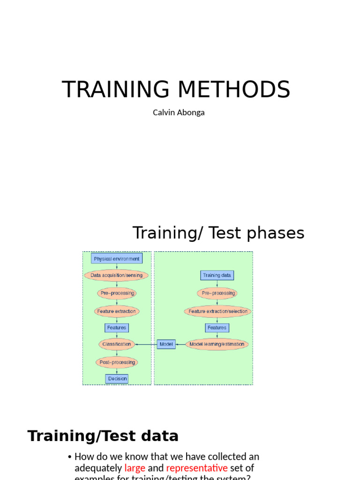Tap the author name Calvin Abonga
point(179,112)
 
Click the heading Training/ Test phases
point(218,232)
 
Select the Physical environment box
point(117,259)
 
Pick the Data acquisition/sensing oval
point(116,276)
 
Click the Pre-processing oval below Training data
point(217,293)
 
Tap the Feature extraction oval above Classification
point(116,311)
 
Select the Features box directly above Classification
point(116,328)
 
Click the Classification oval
point(117,344)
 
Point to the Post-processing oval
point(117,362)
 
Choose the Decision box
point(117,378)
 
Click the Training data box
point(217,275)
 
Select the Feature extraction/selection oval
point(217,311)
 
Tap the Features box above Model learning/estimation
point(217,328)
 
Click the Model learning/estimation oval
point(217,344)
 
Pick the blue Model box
point(166,344)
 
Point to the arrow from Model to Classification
point(146,345)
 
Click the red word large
point(135,468)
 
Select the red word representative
point(197,468)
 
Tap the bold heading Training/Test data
point(103,436)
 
